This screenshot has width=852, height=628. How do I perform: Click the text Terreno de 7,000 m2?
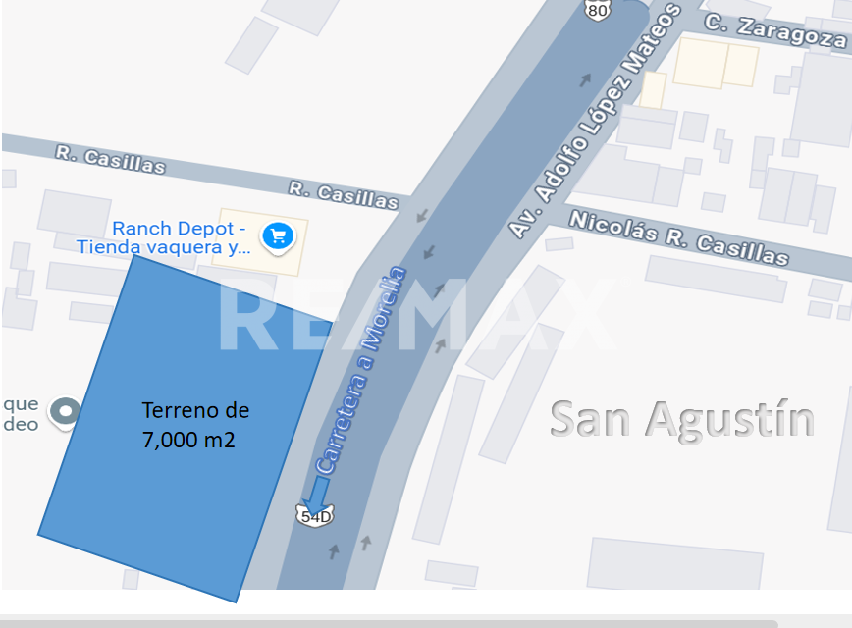point(194,424)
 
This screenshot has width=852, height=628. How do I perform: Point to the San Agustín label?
point(682,418)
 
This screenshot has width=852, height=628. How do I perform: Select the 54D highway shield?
point(316,516)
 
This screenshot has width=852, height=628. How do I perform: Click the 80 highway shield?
point(598,10)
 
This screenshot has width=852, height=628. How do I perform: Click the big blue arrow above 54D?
point(320,491)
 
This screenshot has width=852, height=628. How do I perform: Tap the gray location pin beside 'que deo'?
point(66,411)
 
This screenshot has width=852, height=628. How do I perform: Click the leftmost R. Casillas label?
point(110,159)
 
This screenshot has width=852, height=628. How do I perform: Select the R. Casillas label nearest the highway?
point(344,194)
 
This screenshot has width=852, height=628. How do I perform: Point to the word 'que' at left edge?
point(21,403)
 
